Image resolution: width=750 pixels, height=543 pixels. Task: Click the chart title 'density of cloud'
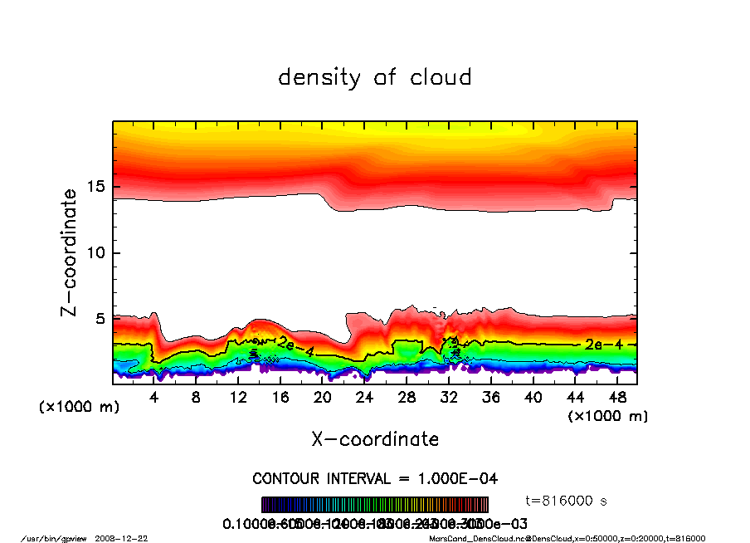[374, 77]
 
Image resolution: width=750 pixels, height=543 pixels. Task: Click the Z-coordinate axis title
[69, 252]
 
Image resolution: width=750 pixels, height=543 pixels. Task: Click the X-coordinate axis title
[375, 438]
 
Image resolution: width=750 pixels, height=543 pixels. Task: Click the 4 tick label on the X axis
[154, 398]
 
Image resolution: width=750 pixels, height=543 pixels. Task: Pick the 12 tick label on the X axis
[238, 398]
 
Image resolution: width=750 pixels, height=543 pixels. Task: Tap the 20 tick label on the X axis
[323, 398]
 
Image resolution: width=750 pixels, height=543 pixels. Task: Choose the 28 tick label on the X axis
[407, 398]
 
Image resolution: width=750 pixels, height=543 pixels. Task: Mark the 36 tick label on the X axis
[491, 398]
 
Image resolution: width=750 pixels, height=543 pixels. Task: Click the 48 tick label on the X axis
[617, 398]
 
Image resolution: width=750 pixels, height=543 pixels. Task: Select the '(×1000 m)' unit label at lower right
[607, 415]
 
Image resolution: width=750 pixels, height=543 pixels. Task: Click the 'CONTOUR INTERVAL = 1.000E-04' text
[375, 479]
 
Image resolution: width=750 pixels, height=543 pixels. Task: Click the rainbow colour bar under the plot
[375, 505]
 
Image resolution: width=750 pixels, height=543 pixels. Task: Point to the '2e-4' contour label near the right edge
[597, 344]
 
